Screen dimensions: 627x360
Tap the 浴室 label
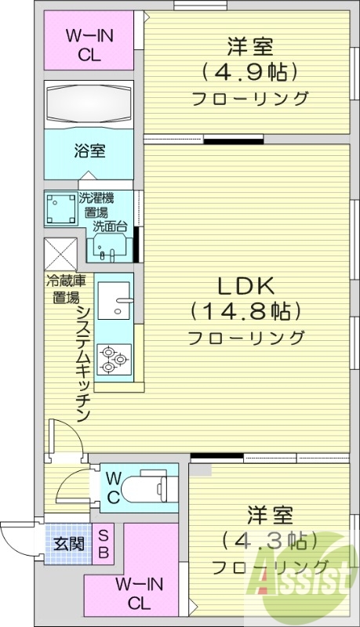[90, 150]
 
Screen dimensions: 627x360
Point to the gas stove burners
[114, 359]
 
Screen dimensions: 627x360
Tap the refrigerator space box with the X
[60, 252]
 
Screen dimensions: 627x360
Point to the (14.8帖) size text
[245, 311]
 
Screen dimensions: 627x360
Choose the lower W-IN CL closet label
[140, 593]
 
